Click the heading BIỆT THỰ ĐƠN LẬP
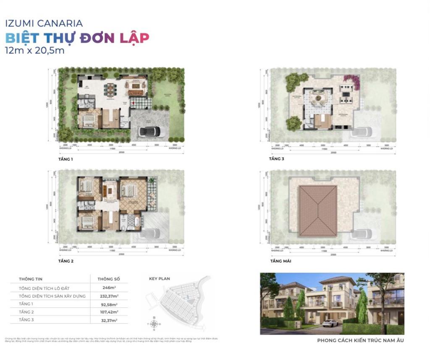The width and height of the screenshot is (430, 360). (77, 38)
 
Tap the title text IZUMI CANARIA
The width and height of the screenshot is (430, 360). (44, 23)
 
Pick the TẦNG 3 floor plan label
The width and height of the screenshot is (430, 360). (277, 159)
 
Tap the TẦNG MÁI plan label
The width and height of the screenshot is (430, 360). (281, 261)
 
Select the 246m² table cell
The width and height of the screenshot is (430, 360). (109, 288)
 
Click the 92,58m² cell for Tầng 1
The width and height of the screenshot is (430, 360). (109, 304)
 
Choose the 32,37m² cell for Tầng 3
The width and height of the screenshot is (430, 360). (109, 320)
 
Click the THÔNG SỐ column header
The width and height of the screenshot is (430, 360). (109, 279)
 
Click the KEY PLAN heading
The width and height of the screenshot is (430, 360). (160, 278)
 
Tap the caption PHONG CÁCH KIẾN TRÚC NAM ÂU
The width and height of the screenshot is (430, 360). (360, 340)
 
